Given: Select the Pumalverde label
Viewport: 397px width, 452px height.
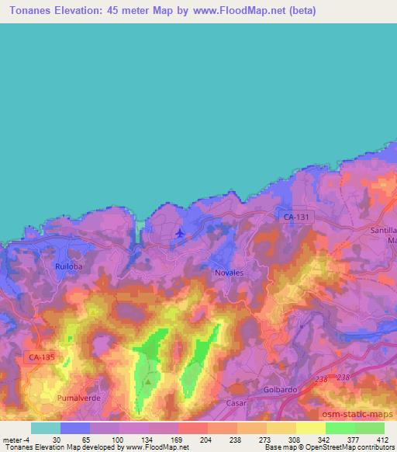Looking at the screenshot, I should click(x=77, y=398).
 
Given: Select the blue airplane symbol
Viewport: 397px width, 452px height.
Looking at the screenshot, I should click(x=181, y=231).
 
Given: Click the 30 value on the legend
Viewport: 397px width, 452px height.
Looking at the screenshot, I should click(x=57, y=439).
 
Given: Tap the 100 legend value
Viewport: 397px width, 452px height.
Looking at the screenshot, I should click(x=116, y=439).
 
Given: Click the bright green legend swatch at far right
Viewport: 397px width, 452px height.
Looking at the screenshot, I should click(x=370, y=428).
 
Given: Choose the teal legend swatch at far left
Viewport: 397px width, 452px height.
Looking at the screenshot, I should click(x=46, y=428).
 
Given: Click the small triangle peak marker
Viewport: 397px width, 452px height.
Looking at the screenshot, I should click(x=148, y=381).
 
